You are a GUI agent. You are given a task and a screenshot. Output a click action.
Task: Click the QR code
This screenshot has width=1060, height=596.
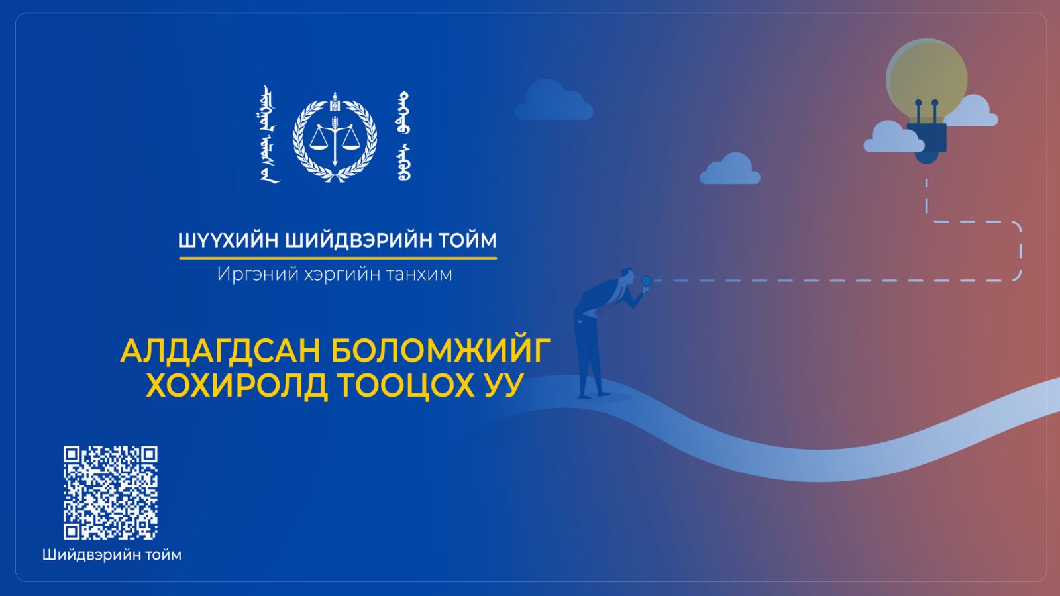pyautogui.click(x=111, y=493)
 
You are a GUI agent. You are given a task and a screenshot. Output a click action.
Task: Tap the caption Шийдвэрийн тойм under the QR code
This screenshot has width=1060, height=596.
pyautogui.click(x=112, y=555)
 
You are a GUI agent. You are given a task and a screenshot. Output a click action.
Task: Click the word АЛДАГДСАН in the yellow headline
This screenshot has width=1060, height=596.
pyautogui.click(x=218, y=351)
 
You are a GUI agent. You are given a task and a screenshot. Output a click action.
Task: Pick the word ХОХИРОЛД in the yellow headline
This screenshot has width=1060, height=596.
pyautogui.click(x=237, y=385)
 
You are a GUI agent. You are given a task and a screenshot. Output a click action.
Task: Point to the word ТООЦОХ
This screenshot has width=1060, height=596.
pyautogui.click(x=407, y=385)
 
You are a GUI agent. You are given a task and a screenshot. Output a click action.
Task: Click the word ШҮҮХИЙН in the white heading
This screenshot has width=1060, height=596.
pyautogui.click(x=228, y=240)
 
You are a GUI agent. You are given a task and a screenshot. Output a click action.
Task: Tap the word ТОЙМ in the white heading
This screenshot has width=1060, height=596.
pyautogui.click(x=467, y=240)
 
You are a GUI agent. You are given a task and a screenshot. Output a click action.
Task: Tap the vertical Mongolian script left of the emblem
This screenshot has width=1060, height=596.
pyautogui.click(x=270, y=134)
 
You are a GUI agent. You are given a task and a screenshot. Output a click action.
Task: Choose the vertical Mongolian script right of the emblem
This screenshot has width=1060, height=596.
pyautogui.click(x=403, y=136)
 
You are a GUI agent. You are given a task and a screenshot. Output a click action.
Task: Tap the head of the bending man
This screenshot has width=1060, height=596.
pyautogui.click(x=627, y=276)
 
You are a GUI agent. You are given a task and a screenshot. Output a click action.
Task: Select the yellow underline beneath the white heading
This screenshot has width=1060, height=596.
pyautogui.click(x=338, y=258)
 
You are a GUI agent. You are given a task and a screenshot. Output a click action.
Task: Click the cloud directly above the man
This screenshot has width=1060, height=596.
pyautogui.click(x=730, y=168)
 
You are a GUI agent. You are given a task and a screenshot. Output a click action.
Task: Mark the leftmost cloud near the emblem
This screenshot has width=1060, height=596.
pyautogui.click(x=554, y=99)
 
